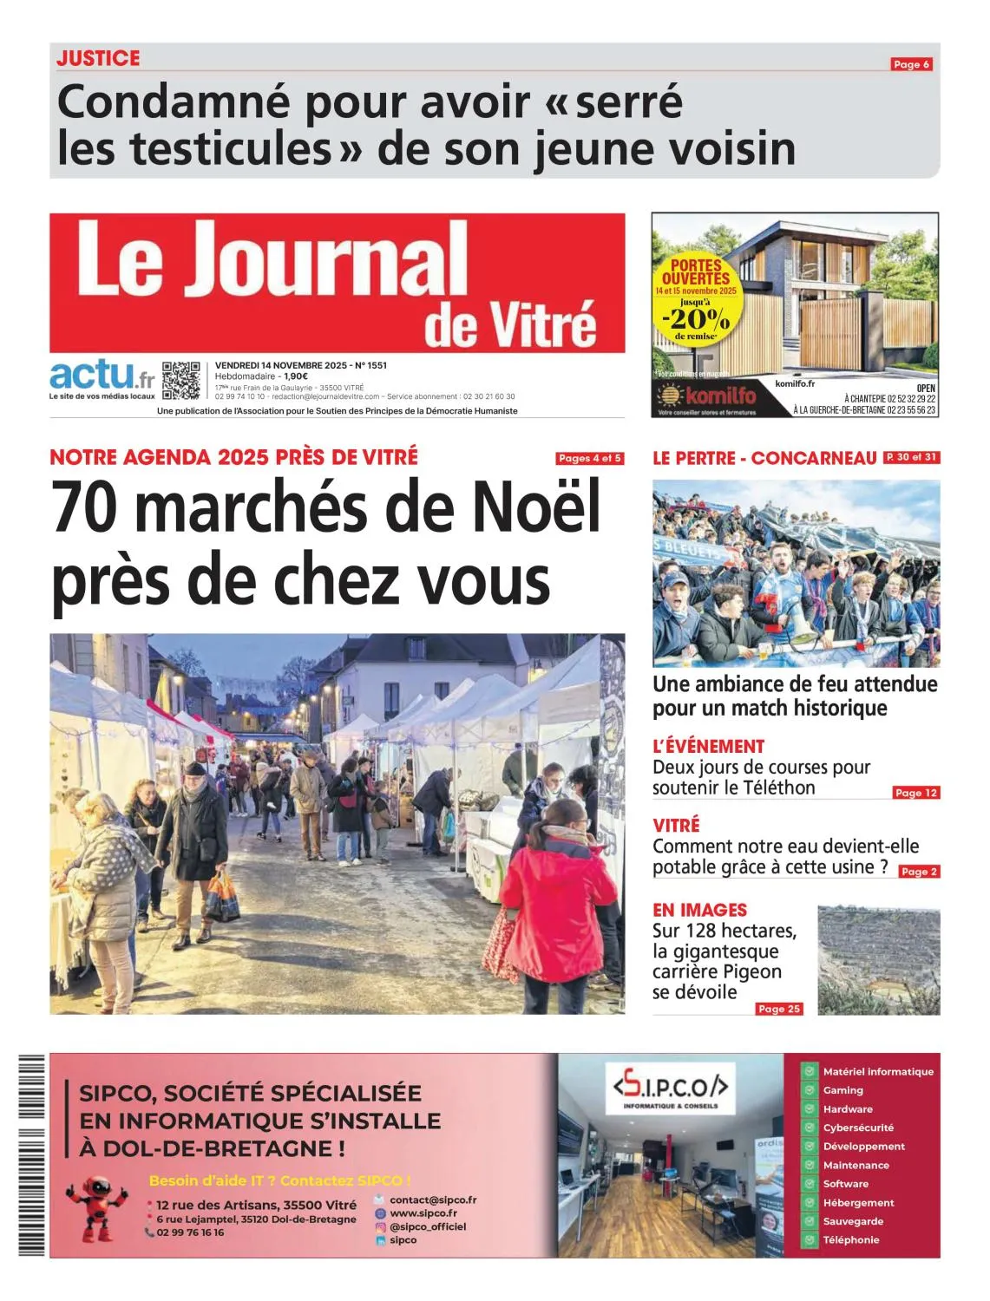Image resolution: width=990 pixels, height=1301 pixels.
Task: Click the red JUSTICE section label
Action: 98,58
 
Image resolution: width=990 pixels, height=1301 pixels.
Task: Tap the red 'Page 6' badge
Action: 911,64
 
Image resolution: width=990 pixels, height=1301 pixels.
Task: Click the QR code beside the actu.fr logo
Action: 180,380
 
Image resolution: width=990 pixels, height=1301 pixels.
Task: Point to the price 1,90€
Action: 300,376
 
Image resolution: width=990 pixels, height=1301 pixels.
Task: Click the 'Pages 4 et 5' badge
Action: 590,458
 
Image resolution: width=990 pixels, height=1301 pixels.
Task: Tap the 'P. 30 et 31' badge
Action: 911,457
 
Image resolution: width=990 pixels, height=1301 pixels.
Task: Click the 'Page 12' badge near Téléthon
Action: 915,792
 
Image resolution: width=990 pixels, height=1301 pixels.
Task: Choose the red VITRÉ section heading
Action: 676,825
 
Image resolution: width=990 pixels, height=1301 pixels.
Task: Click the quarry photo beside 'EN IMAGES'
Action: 878,959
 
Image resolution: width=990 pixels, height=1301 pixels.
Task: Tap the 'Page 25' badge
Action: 779,1009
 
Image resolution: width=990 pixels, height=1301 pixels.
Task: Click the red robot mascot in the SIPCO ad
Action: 97,1206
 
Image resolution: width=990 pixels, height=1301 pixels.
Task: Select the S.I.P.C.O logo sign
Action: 670,1088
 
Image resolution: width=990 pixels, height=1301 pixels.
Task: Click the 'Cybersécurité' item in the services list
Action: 857,1128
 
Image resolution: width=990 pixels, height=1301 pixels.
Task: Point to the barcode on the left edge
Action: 31,1154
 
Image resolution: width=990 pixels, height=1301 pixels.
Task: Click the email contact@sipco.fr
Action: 432,1200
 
